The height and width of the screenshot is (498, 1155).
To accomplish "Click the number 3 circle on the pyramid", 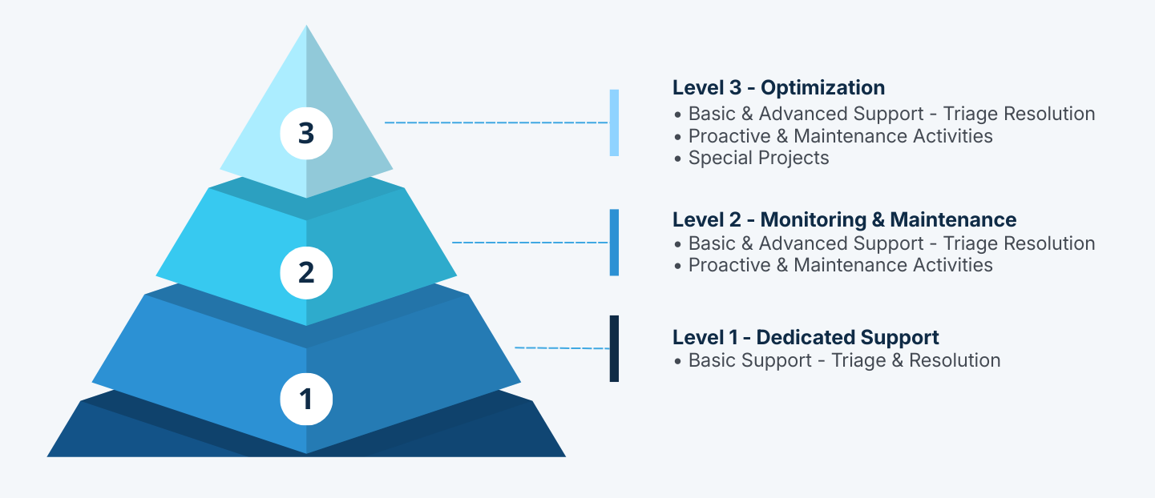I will tap(306, 133).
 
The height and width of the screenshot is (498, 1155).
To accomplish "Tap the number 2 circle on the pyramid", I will tap(306, 273).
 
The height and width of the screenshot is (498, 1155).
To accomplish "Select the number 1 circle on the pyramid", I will tap(306, 398).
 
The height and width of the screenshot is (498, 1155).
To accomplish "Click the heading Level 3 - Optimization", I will tap(778, 87).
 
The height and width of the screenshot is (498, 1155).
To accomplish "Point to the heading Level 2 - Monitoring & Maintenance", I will tap(844, 219).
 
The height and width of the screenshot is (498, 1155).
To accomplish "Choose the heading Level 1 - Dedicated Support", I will tap(806, 337).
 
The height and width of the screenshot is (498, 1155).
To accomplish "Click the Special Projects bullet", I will tap(757, 158).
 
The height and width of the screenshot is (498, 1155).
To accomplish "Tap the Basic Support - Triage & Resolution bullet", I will tap(843, 360).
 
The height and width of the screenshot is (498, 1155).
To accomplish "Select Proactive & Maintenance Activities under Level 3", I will tap(840, 136).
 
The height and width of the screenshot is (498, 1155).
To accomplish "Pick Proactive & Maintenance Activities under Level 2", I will tap(840, 265).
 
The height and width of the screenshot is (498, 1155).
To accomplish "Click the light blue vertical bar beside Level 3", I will tap(614, 122).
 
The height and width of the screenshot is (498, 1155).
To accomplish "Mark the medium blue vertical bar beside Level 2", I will tap(614, 243).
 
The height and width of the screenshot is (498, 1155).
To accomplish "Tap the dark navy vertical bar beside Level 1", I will tap(614, 348).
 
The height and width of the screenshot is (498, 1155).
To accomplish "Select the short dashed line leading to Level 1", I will tap(561, 347).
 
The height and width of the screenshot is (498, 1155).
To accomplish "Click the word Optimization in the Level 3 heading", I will tap(822, 87).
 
